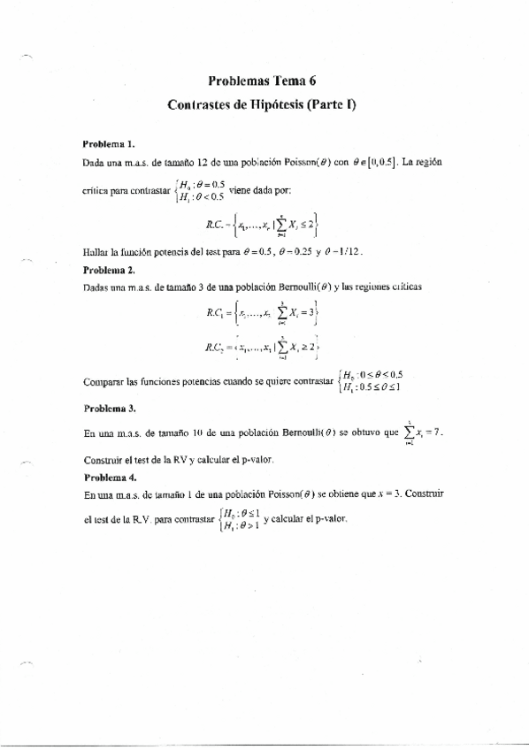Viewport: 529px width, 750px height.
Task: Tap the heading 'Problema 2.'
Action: point(108,271)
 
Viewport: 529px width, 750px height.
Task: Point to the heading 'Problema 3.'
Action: point(108,409)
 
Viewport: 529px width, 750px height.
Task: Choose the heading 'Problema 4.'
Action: point(108,477)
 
